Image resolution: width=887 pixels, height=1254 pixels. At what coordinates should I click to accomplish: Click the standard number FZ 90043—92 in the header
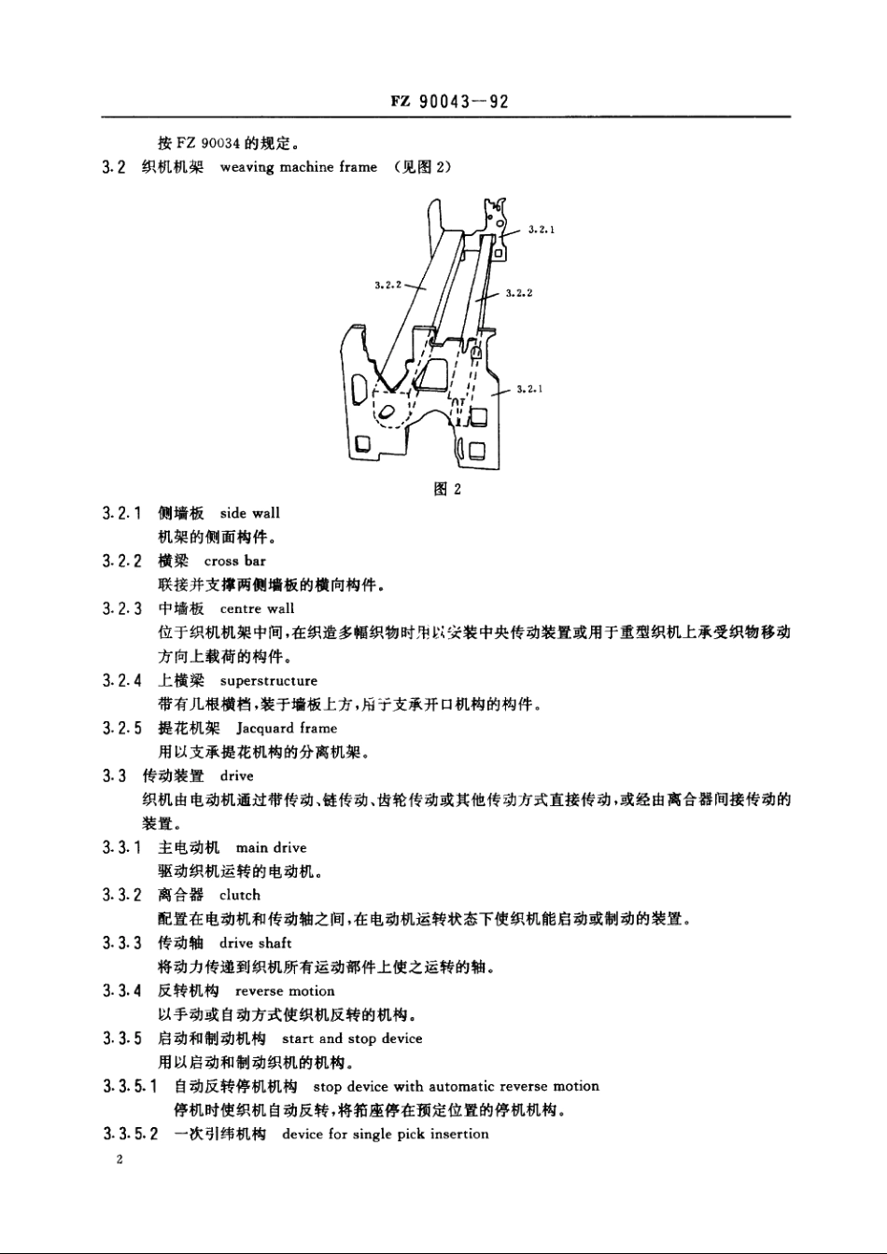[x=449, y=102]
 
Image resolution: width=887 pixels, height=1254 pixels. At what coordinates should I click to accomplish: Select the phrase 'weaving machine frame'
[x=299, y=168]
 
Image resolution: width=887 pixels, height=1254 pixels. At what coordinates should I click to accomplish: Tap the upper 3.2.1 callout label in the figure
[x=542, y=228]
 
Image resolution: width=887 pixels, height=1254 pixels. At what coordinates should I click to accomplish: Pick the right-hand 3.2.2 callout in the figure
[x=518, y=293]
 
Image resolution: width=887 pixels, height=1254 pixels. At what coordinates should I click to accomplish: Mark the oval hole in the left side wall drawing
[x=385, y=412]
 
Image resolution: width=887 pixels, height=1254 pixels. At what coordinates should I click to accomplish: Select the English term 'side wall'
[x=249, y=513]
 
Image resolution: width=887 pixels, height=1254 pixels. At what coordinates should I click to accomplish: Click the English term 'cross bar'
[x=234, y=561]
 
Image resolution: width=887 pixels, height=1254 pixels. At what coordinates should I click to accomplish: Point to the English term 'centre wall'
[x=257, y=609]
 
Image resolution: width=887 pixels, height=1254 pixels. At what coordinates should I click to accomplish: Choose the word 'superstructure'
[x=269, y=681]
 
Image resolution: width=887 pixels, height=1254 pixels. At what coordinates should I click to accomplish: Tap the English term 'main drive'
[x=271, y=848]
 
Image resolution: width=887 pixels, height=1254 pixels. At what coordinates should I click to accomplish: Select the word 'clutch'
[x=240, y=896]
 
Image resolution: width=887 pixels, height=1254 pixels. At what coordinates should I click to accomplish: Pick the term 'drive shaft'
[x=256, y=943]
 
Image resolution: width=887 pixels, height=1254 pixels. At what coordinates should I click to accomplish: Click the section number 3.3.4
[x=122, y=991]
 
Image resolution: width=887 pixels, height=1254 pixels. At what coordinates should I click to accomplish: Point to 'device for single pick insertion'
[x=385, y=1135]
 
